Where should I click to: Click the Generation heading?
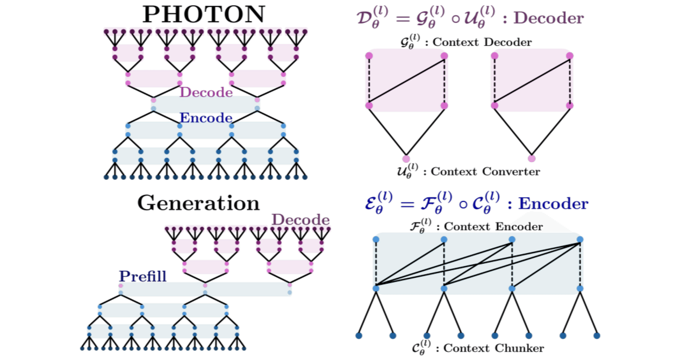click(198, 203)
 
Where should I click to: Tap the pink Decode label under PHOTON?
click(206, 92)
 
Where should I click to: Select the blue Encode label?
click(206, 118)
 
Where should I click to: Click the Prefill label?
click(142, 277)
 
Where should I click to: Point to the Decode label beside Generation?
click(300, 220)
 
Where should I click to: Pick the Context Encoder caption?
click(477, 227)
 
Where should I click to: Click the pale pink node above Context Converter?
click(406, 159)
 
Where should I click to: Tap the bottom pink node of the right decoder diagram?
click(532, 159)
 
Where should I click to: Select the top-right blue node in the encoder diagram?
click(580, 239)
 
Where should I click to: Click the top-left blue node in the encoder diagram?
click(376, 239)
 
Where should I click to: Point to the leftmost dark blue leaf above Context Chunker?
click(359, 336)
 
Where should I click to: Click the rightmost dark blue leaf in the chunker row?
click(597, 336)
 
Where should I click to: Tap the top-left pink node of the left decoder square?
click(369, 55)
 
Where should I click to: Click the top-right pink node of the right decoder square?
click(569, 55)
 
